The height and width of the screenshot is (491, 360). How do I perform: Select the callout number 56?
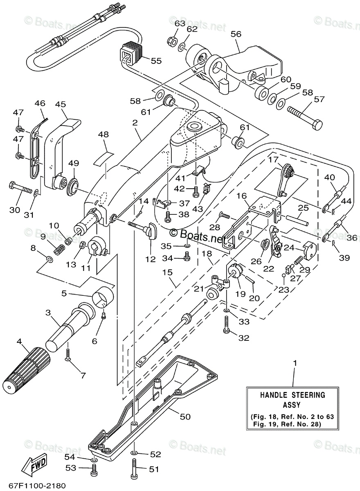236,34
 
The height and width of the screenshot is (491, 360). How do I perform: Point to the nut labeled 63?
172,41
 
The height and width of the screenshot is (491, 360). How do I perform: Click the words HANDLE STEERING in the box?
292,395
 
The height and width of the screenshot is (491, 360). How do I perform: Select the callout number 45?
60,105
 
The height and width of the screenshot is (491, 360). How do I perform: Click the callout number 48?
104,134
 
